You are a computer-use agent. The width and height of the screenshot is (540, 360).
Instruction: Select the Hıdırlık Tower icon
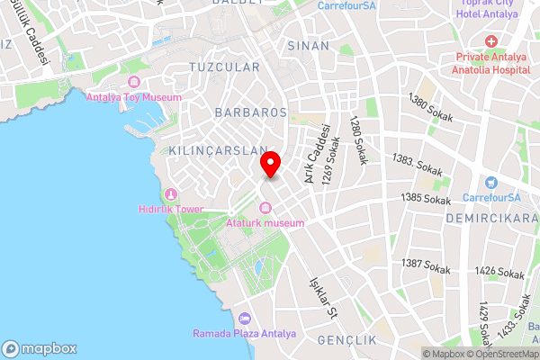pyautogui.click(x=171, y=194)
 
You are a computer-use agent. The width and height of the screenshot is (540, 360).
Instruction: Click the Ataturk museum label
pyautogui.click(x=265, y=222)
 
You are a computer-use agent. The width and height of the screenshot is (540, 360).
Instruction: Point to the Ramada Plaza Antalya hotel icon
pyautogui.click(x=244, y=319)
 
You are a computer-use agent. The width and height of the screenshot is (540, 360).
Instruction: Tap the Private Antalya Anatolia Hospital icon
pyautogui.click(x=491, y=42)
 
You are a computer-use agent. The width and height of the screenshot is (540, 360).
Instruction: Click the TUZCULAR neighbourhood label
pyautogui.click(x=225, y=67)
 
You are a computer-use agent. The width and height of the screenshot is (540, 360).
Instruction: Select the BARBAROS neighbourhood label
pyautogui.click(x=251, y=112)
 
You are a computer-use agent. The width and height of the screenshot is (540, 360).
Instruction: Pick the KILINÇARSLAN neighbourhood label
pyautogui.click(x=218, y=150)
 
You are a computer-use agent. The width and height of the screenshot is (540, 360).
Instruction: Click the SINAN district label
pyautogui.click(x=303, y=44)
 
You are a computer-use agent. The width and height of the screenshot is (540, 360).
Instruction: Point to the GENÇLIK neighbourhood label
pyautogui.click(x=346, y=340)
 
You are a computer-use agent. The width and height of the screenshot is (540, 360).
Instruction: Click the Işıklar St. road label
pyautogui.click(x=321, y=298)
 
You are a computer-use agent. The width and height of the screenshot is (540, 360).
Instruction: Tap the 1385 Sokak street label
pyautogui.click(x=426, y=198)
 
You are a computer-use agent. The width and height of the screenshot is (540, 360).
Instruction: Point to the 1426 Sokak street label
pyautogui.click(x=499, y=271)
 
